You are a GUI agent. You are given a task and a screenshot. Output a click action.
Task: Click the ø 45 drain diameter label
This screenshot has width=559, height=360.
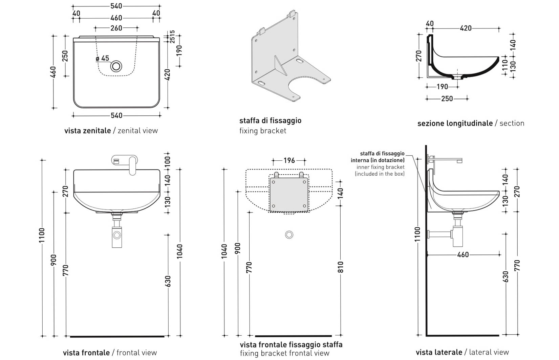click(103, 59)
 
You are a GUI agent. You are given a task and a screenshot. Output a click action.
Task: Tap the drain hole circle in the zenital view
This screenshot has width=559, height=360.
click(116, 66)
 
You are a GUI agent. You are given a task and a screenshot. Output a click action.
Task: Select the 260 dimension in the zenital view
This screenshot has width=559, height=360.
click(116, 28)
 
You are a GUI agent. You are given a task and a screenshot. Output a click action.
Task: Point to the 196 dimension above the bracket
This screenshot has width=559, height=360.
click(289, 160)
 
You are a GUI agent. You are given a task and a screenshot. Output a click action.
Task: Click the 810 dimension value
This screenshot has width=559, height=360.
click(341, 267)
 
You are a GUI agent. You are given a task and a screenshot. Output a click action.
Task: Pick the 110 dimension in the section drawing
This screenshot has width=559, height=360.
click(505, 64)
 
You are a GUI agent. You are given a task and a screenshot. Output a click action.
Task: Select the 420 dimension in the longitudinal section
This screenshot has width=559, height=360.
click(466, 28)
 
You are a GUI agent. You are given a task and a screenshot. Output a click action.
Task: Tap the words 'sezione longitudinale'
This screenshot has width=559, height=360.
click(455, 123)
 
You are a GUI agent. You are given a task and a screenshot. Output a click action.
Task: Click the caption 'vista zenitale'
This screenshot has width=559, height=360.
click(87, 131)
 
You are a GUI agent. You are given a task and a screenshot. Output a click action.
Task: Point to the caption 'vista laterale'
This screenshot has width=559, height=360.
click(439, 352)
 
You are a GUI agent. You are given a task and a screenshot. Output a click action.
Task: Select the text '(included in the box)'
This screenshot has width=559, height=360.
click(380, 174)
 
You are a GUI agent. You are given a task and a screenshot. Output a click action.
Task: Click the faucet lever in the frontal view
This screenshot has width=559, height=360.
click(132, 166)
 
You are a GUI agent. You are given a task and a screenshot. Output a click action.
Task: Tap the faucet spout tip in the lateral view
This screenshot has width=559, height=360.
click(460, 161)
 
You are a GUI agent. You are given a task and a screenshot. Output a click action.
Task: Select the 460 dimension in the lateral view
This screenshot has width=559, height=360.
click(463, 254)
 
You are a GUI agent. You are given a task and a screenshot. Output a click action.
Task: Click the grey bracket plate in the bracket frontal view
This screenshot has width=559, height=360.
click(289, 194)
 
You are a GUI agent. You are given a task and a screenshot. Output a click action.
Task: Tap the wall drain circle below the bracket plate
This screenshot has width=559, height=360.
click(289, 234)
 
